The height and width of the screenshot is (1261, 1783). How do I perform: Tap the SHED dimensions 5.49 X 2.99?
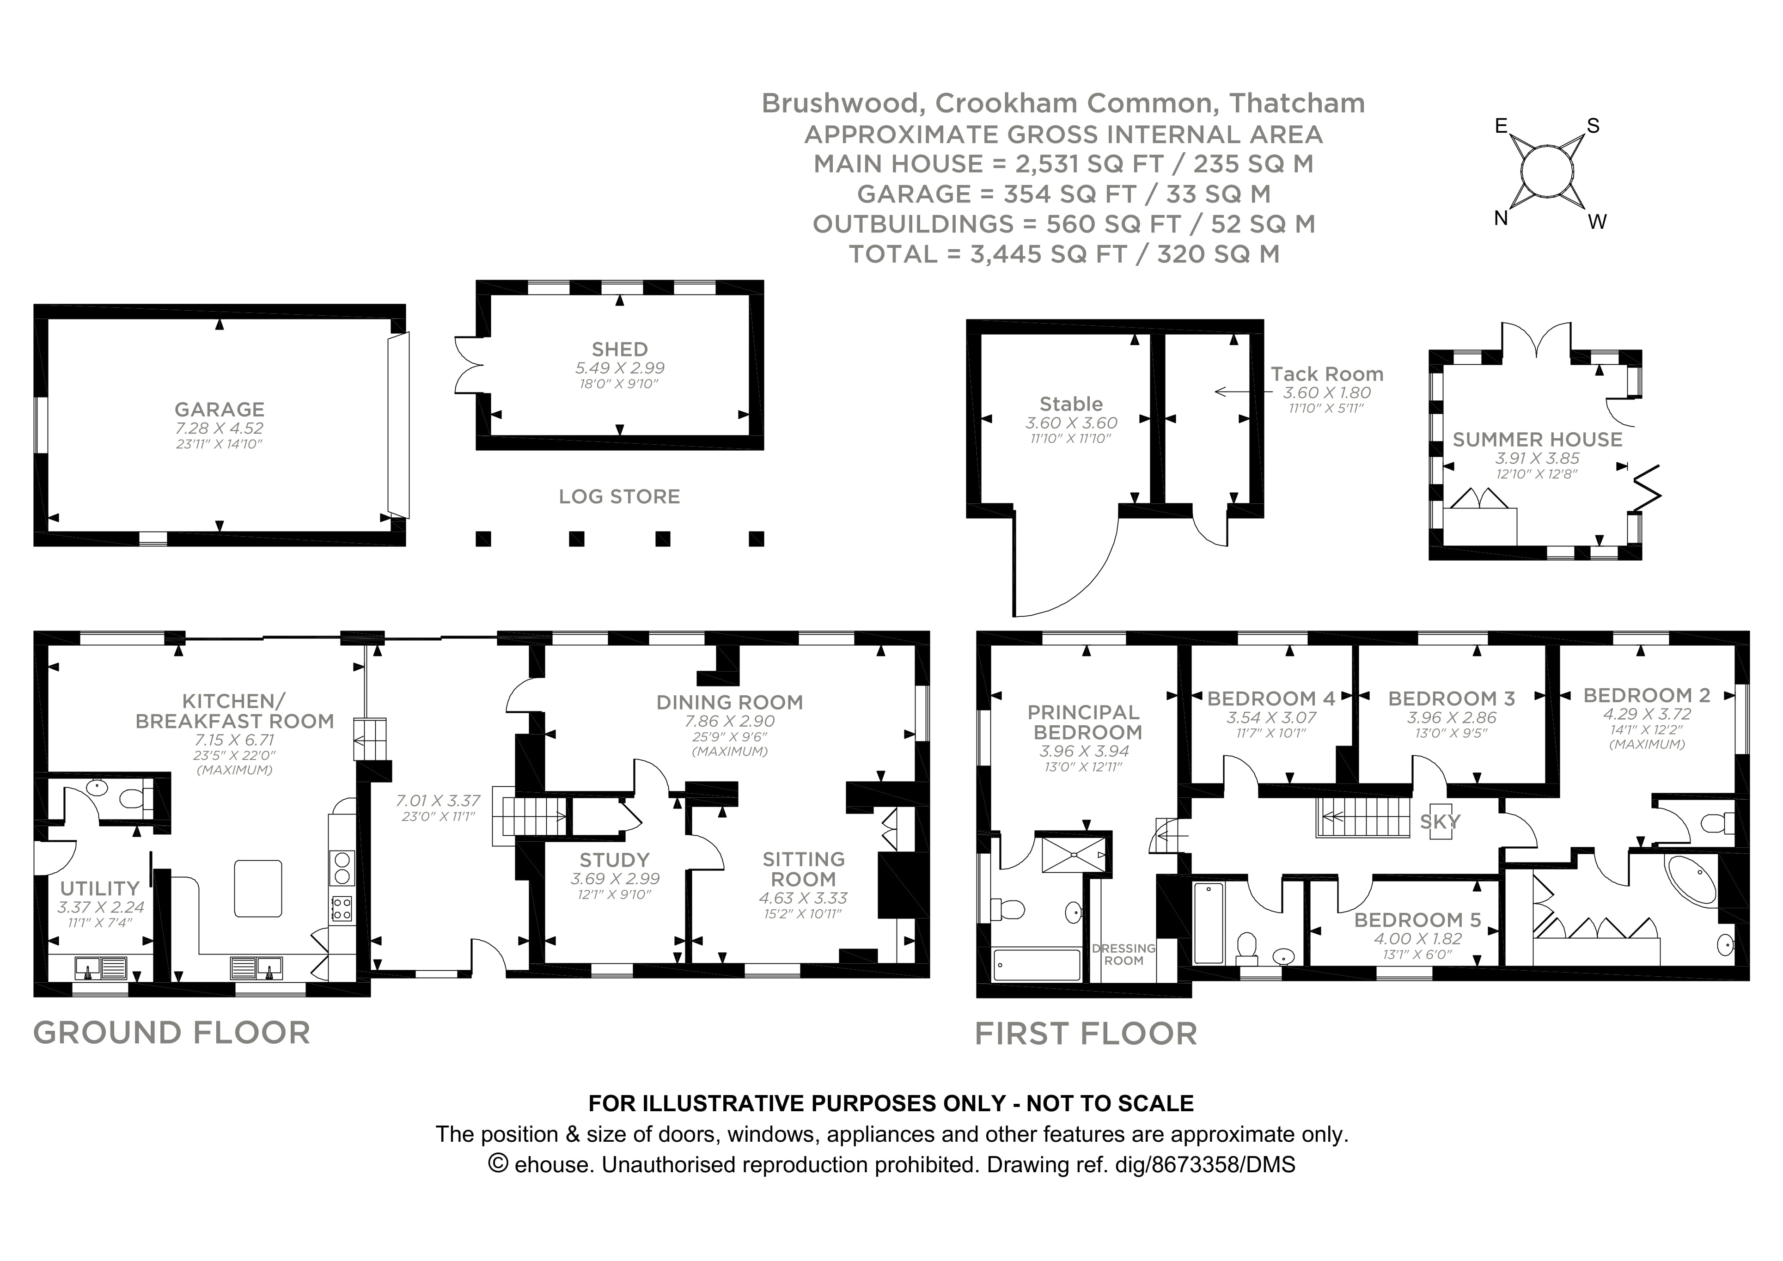(x=619, y=368)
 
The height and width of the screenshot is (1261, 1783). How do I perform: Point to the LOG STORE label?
(x=619, y=496)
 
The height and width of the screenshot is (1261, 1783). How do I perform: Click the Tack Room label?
(x=1326, y=374)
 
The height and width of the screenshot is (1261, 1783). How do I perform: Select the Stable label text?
(x=1071, y=404)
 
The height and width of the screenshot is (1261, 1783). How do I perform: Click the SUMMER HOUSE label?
(x=1537, y=440)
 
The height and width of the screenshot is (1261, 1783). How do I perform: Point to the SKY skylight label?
(x=1440, y=821)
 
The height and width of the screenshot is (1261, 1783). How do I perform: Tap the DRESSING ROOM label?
(x=1123, y=954)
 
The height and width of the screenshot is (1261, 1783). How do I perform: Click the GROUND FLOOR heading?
(x=171, y=1033)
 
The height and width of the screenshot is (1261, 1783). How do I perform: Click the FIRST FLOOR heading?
(x=1086, y=1034)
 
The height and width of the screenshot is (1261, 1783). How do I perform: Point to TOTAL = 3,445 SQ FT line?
(x=1064, y=254)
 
